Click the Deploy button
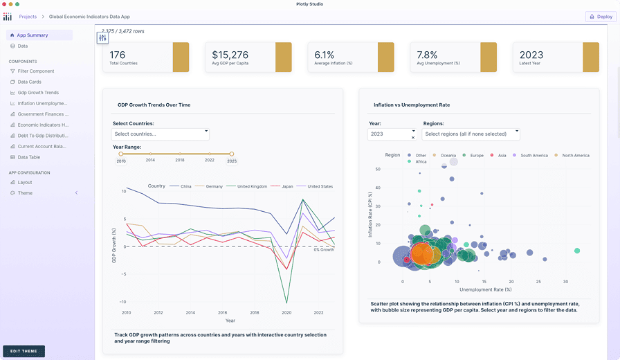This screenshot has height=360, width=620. click(x=600, y=17)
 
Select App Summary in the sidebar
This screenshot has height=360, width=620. click(x=33, y=35)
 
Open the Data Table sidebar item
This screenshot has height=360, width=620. click(x=28, y=157)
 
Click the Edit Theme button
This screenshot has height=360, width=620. click(x=24, y=351)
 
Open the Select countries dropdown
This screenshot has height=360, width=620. click(x=161, y=134)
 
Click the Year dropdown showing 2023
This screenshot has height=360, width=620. click(x=392, y=134)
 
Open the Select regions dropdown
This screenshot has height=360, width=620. click(x=471, y=134)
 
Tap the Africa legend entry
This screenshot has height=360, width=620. click(x=421, y=161)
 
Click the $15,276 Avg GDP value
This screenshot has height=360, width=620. click(x=230, y=55)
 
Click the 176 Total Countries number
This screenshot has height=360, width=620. click(x=118, y=55)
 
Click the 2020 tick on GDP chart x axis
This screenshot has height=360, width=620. click(x=286, y=313)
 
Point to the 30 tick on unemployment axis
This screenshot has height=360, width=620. click(x=565, y=282)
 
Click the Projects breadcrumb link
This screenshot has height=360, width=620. click(x=28, y=17)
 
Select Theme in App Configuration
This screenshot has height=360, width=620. click(x=25, y=193)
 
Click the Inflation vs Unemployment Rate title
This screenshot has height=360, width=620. click(x=412, y=105)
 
